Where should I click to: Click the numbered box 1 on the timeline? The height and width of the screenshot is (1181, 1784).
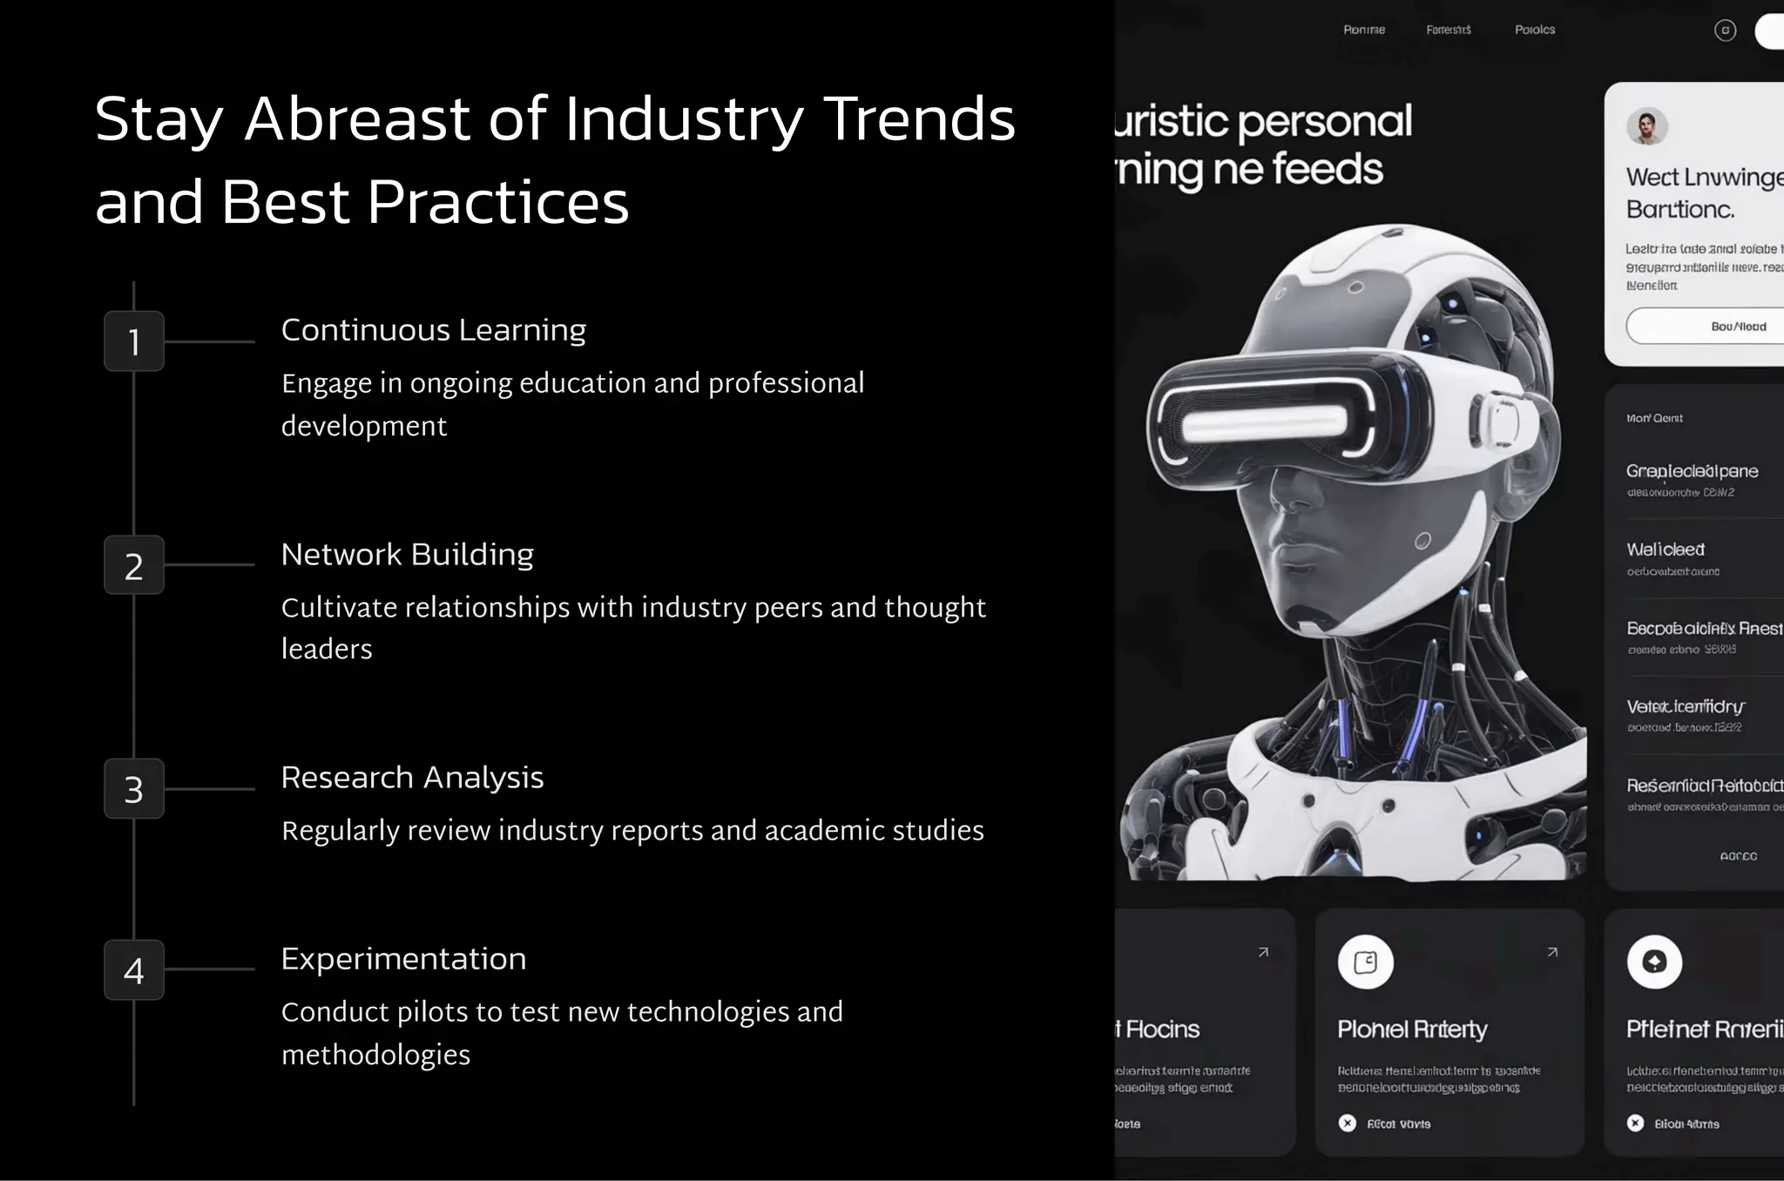coord(134,341)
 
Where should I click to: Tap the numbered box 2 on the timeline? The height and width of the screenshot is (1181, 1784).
coord(134,565)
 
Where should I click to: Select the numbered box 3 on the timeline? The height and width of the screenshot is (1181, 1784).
coord(134,789)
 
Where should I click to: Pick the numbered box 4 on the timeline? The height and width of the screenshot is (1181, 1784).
coord(134,969)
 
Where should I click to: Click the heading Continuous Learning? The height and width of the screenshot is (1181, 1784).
coord(433,330)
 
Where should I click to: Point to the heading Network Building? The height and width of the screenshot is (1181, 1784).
coord(407,554)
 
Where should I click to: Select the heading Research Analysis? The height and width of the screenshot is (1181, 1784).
coord(412,777)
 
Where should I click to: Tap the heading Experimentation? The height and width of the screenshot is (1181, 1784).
coord(403,959)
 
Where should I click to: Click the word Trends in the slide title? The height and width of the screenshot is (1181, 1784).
coord(919,118)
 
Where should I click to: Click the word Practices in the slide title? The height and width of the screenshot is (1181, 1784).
coord(497,202)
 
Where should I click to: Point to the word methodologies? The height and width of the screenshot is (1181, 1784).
coord(375,1055)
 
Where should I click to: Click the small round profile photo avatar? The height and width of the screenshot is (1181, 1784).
coord(1646,127)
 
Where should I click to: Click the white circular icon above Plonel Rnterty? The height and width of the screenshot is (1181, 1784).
coord(1365,962)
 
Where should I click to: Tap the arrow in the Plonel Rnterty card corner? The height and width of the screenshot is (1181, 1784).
coord(1552,952)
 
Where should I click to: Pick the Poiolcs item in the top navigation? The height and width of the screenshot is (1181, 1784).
coord(1535,30)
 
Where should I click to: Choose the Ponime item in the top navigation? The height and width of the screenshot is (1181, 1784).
coord(1364,30)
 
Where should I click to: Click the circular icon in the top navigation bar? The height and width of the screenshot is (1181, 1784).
coord(1725,30)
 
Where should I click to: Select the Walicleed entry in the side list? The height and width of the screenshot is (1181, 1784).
coord(1666,550)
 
